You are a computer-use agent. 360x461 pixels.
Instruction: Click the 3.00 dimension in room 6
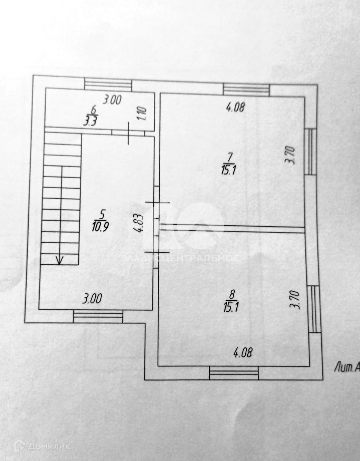[113, 101]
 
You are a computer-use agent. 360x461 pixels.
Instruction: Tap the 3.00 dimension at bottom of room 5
[92, 298]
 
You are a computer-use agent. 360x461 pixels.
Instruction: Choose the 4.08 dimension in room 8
[243, 353]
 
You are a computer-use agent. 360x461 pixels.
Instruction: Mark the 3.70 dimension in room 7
[290, 156]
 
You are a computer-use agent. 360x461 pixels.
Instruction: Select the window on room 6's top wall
[108, 84]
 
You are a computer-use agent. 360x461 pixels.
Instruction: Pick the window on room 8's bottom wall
[234, 373]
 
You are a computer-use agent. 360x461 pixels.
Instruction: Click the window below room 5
[98, 316]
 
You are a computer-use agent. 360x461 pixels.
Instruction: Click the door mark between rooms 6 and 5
[129, 133]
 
